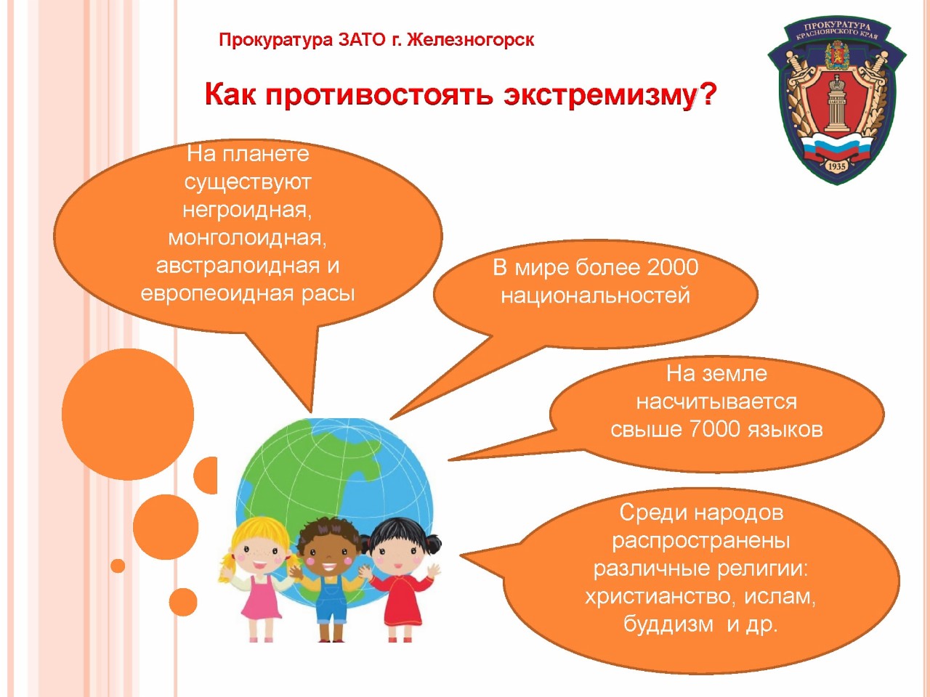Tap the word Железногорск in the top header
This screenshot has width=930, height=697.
(x=470, y=40)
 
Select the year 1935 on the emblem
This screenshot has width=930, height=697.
(x=837, y=166)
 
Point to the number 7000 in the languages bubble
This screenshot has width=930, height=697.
(x=714, y=429)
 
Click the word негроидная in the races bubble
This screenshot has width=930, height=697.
(x=247, y=210)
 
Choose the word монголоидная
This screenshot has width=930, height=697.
(x=248, y=237)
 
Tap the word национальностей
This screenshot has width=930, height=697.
(x=595, y=295)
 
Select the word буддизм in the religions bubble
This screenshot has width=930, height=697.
(x=668, y=624)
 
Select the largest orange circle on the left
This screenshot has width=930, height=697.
(x=128, y=414)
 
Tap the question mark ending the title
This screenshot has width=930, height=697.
(x=707, y=93)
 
